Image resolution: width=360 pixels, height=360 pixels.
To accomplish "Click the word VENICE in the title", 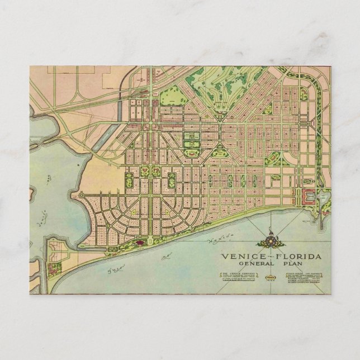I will [239, 257].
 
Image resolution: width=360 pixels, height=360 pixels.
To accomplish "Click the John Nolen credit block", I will [306, 277].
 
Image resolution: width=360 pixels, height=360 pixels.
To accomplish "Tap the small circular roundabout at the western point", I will [82, 196].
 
